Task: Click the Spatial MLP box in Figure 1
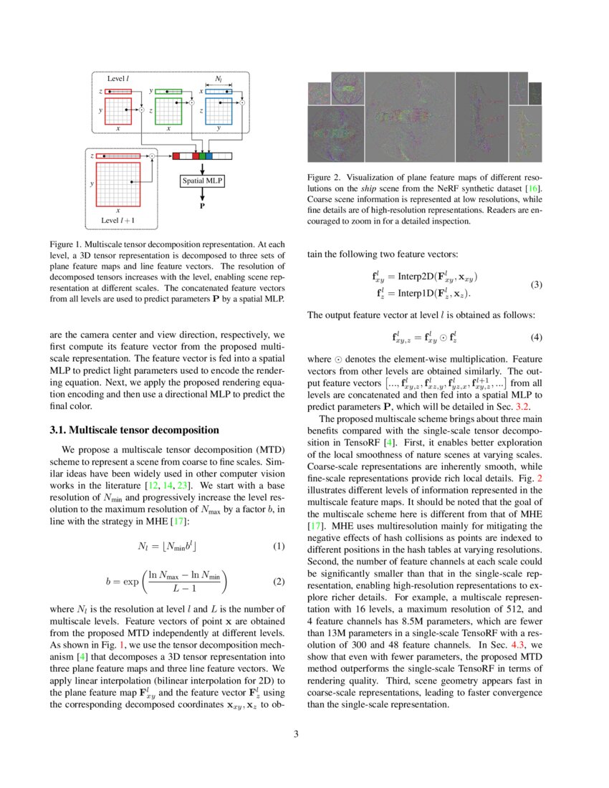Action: point(202,181)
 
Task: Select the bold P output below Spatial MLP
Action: point(202,205)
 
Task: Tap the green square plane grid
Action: point(168,111)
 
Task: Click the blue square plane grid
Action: point(219,111)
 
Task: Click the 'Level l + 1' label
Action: point(118,219)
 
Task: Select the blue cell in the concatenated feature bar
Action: point(209,155)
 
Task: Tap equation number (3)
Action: point(537,284)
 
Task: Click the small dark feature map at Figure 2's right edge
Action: point(535,92)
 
